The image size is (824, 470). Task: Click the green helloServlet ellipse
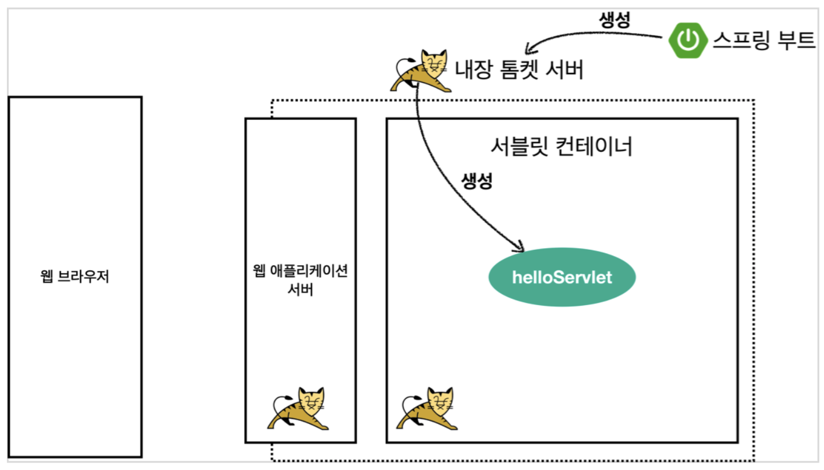point(562,278)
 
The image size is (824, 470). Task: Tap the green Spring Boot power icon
point(689,40)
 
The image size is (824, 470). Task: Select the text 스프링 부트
point(764,40)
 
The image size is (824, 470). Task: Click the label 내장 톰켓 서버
point(519,70)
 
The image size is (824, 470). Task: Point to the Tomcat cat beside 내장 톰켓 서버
point(422,71)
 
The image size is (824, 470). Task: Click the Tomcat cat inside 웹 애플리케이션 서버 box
point(300,408)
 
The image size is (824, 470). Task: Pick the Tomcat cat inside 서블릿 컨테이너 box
point(428,408)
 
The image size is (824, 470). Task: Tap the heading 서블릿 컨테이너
point(562,147)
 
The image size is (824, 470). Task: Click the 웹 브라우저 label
point(75,278)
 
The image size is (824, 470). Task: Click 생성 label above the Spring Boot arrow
point(615,21)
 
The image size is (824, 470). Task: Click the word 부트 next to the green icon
point(797,40)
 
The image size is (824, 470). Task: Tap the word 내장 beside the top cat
point(472,70)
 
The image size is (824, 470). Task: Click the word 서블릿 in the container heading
point(514,147)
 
